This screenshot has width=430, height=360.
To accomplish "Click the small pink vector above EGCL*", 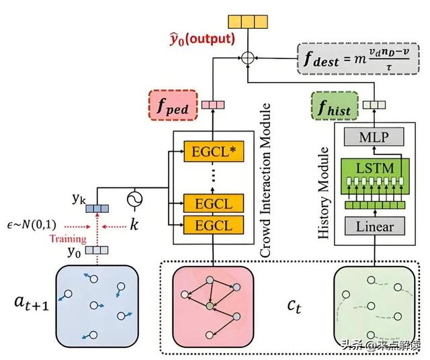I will coord(212,104).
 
